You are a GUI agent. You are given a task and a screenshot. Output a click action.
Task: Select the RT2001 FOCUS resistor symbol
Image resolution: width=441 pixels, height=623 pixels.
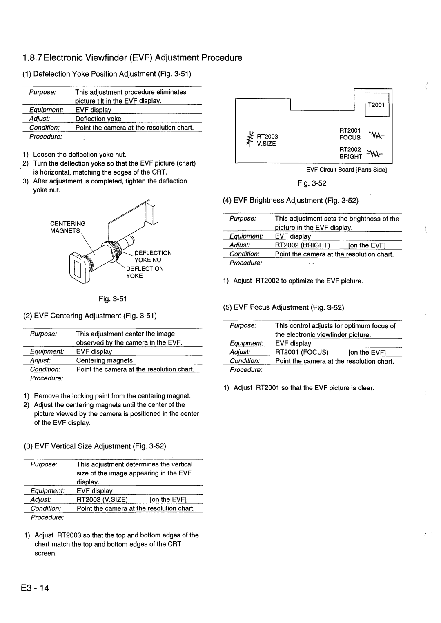tap(375, 135)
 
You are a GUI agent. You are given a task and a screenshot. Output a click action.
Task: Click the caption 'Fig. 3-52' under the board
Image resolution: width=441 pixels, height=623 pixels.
tap(314, 183)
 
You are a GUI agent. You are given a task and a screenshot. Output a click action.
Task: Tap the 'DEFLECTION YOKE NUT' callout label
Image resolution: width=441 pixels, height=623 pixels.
tap(150, 256)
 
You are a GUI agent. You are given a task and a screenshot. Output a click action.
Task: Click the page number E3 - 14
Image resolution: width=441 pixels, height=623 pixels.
tap(36, 588)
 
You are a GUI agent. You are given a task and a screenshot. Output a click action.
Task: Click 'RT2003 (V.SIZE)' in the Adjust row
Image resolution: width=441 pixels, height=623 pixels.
tap(102, 500)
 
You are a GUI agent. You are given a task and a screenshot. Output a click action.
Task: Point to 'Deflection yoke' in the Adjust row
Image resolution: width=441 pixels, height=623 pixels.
tap(98, 119)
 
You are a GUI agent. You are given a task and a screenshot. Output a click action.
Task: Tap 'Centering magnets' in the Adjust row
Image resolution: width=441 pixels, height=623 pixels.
tap(105, 360)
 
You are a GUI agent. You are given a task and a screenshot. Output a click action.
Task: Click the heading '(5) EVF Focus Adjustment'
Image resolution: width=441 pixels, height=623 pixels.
tap(283, 307)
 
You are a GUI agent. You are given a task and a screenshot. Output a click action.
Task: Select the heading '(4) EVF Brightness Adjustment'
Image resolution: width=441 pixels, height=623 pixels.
tap(290, 200)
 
